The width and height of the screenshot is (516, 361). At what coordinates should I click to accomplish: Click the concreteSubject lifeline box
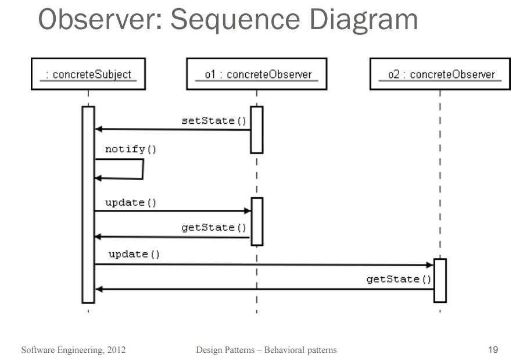(x=88, y=74)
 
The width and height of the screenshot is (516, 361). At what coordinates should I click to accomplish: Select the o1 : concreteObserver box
(x=256, y=74)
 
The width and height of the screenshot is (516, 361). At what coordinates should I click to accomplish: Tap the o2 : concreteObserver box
(x=440, y=74)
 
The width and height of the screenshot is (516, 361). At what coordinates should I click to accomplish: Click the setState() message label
(x=214, y=120)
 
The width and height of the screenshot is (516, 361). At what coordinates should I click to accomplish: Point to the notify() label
(x=131, y=149)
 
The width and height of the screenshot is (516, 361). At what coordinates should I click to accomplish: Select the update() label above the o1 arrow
(x=131, y=202)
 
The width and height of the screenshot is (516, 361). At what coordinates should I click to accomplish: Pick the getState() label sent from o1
(x=214, y=227)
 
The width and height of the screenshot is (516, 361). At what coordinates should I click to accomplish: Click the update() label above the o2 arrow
(x=134, y=254)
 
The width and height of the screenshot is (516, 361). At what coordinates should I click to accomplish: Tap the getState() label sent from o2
(x=399, y=279)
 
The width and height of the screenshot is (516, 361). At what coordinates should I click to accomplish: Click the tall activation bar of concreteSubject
(x=88, y=203)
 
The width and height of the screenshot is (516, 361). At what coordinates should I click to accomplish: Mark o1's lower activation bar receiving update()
(x=256, y=221)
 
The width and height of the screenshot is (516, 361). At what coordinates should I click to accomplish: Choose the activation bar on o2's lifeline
(x=440, y=280)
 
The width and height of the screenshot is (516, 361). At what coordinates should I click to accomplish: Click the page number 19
(x=493, y=349)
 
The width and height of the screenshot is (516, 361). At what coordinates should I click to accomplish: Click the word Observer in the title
(x=99, y=21)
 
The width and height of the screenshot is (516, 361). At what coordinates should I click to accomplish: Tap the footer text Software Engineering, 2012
(x=73, y=350)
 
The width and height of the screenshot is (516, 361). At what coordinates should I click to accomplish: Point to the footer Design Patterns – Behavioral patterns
(x=266, y=350)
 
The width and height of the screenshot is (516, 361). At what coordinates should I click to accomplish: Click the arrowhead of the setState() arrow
(x=98, y=129)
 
